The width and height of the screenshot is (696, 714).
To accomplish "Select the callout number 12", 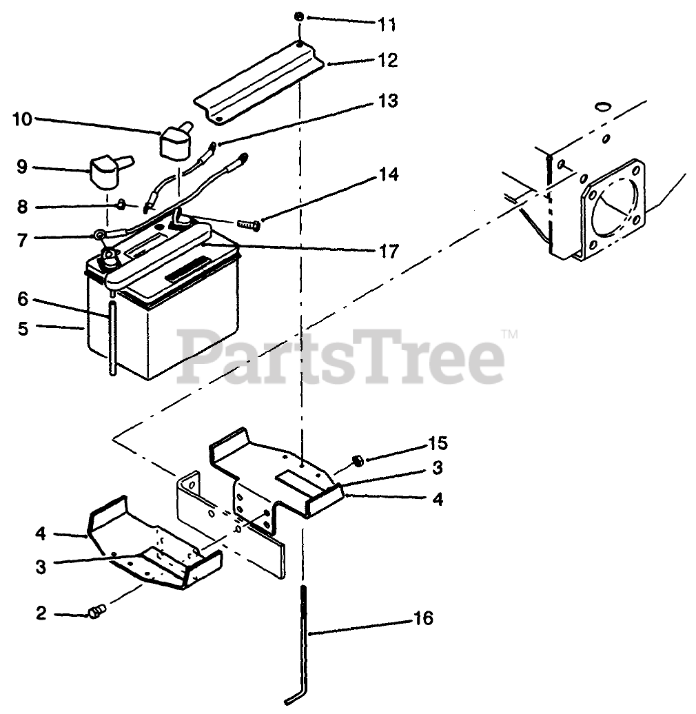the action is click(387, 61).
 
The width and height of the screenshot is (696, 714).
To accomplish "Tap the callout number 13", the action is click(387, 101).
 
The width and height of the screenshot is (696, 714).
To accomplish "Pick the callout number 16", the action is click(424, 618).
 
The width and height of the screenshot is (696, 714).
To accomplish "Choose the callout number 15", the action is click(438, 442).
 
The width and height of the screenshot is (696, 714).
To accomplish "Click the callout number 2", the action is click(41, 613).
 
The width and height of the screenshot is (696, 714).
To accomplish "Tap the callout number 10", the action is click(22, 119).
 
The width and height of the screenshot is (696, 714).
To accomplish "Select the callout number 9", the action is click(21, 166).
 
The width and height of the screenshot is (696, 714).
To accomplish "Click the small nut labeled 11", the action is click(300, 17).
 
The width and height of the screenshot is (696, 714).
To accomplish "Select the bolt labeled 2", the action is click(96, 610).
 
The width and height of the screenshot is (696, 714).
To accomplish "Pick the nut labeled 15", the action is click(357, 460).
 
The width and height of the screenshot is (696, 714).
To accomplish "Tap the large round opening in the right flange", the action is click(615, 207).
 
